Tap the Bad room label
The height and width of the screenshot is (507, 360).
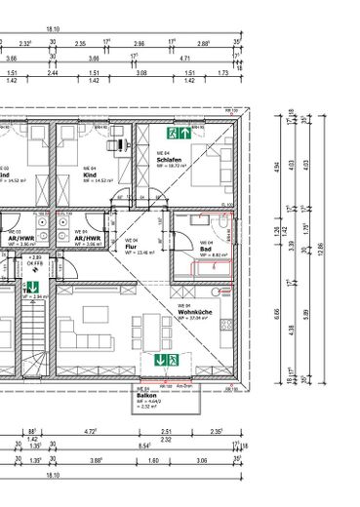pyautogui.click(x=205, y=249)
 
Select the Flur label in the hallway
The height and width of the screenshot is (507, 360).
pyautogui.click(x=130, y=248)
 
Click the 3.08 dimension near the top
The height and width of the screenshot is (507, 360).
pyautogui.click(x=140, y=72)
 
